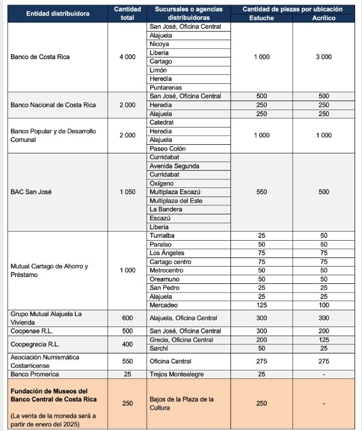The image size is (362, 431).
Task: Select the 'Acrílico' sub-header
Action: click(324, 18)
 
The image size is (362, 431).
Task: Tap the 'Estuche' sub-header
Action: click(261, 18)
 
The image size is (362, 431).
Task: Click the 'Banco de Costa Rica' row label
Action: click(40, 57)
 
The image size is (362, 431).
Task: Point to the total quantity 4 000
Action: click(127, 57)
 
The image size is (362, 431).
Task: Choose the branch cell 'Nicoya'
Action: click(159, 44)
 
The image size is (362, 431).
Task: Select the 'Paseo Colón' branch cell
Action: click(167, 148)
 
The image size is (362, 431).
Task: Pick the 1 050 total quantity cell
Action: click(127, 192)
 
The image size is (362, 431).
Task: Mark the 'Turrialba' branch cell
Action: click(163, 236)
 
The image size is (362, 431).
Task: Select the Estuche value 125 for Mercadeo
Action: click(261, 305)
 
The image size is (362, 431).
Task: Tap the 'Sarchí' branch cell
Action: click(159, 348)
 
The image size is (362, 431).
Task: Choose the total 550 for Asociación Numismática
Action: click(127, 361)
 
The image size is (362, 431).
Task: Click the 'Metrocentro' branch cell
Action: click(167, 270)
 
